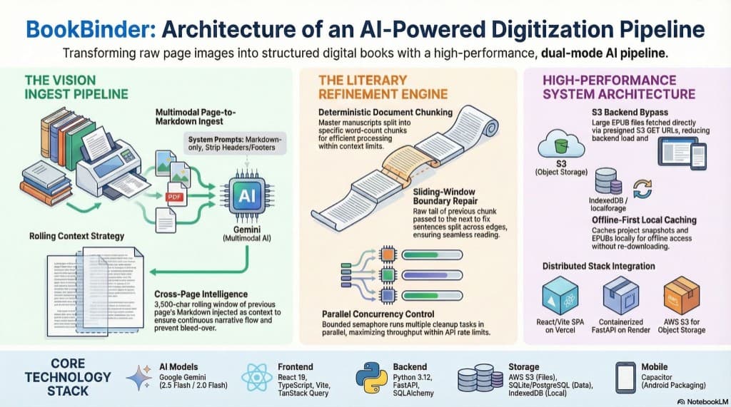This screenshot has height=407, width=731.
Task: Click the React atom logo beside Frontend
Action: click(257, 376)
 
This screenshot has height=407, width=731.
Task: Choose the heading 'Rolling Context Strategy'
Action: click(77, 235)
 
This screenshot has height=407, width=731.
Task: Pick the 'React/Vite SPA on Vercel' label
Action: click(560, 325)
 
